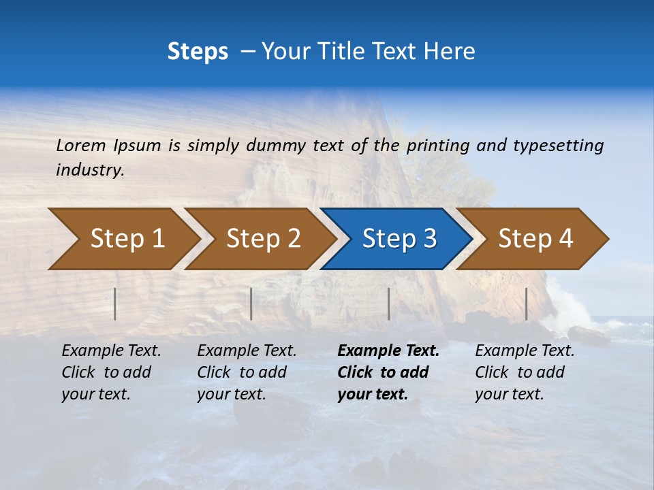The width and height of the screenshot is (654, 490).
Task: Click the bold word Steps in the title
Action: pos(198,52)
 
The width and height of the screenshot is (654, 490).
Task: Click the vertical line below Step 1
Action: pos(115,304)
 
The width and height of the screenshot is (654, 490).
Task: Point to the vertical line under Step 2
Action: pos(251,304)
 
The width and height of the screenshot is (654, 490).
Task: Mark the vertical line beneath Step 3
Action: pos(389,304)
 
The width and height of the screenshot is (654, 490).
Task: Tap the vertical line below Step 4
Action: pos(527,304)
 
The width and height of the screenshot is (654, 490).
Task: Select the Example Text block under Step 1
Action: pos(111,372)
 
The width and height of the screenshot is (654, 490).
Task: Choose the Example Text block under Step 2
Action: pos(247,372)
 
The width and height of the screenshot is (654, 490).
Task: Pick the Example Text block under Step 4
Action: pos(525,372)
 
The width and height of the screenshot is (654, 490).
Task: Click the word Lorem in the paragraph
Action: pos(81,146)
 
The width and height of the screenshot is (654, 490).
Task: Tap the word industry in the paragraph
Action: pos(89,170)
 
